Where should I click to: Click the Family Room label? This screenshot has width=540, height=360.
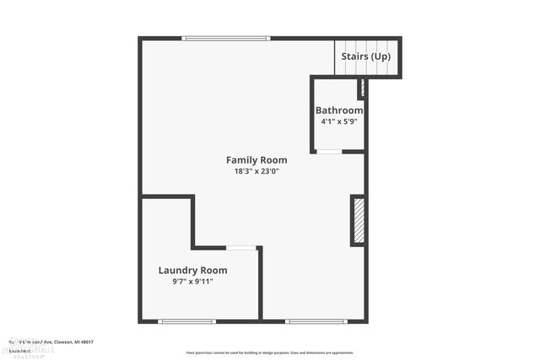pos(256,159)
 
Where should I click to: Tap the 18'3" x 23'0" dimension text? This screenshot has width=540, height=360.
pos(256,171)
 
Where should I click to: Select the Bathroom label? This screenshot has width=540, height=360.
pos(339,110)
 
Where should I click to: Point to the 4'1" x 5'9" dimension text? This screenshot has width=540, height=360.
pos(339,121)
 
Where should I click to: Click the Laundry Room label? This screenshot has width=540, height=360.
pos(192,270)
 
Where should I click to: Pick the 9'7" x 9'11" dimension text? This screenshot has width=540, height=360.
pos(192,282)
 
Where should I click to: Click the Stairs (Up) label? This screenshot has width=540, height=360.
pos(365,56)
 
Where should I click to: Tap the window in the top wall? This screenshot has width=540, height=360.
pos(226,38)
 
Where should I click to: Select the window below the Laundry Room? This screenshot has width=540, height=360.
pos(186,321)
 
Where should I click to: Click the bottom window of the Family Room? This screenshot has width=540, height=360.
pos(316,321)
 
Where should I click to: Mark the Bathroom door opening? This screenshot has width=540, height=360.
pos(329,152)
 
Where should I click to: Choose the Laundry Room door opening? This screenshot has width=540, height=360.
pos(241,248)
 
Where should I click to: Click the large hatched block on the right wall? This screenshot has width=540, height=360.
pos(358,221)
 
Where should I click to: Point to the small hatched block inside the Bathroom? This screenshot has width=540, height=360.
pos(361,88)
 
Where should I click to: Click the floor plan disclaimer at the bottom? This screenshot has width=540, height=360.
pos(270,352)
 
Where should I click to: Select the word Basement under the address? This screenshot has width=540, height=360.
pos(19,349)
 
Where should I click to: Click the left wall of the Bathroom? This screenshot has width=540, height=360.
pos(312,114)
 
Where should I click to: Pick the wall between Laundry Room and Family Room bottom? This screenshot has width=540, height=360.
pos(260,283)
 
